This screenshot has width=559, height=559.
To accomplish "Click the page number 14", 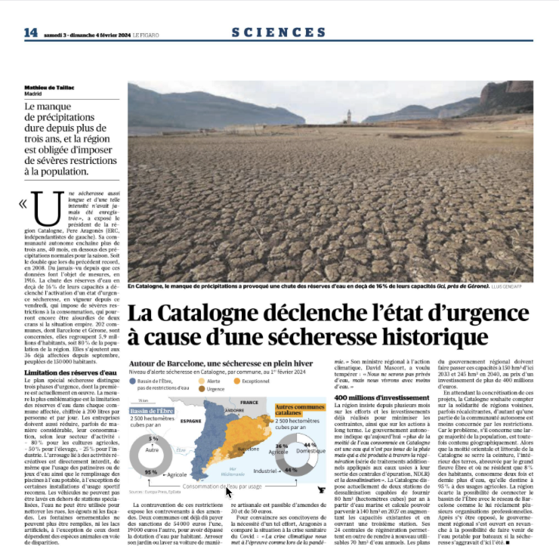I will pos(30,32).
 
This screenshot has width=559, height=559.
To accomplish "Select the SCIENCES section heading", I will pos(278,32).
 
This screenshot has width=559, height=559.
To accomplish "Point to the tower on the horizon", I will pos(347,116).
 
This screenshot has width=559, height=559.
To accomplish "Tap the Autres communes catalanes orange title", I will pos(298,410).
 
